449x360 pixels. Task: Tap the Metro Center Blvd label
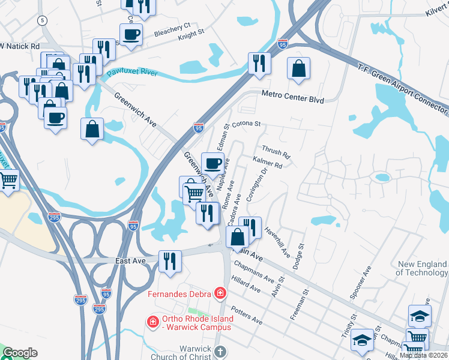[292, 98]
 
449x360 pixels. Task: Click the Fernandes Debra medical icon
[221, 294]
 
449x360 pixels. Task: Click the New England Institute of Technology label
[423, 268]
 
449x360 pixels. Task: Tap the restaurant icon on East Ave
[170, 260]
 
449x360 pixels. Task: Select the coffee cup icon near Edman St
[212, 163]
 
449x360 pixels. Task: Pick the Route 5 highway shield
[41, 20]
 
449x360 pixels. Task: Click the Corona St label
[247, 124]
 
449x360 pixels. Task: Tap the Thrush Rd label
[276, 152]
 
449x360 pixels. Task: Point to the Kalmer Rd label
[267, 163]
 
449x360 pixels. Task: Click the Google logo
[20, 353]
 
